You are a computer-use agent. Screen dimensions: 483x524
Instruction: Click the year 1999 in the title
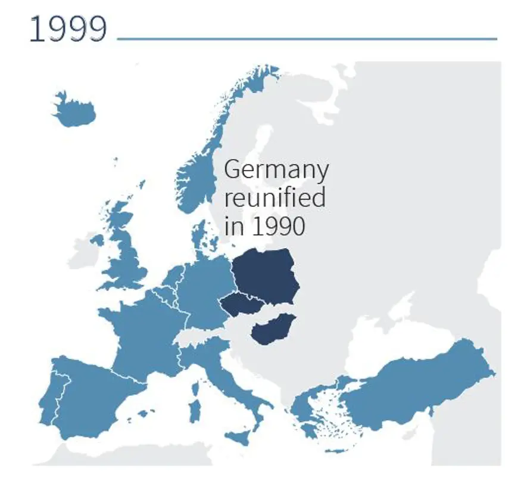[68, 29]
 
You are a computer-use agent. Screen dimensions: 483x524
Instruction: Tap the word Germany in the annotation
[276, 170]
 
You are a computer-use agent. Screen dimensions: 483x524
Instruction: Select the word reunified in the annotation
[275, 197]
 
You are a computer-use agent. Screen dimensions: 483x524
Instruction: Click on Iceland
[74, 111]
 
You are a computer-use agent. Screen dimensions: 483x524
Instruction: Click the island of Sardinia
[194, 410]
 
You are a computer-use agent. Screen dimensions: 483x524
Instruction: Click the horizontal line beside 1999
[307, 39]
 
